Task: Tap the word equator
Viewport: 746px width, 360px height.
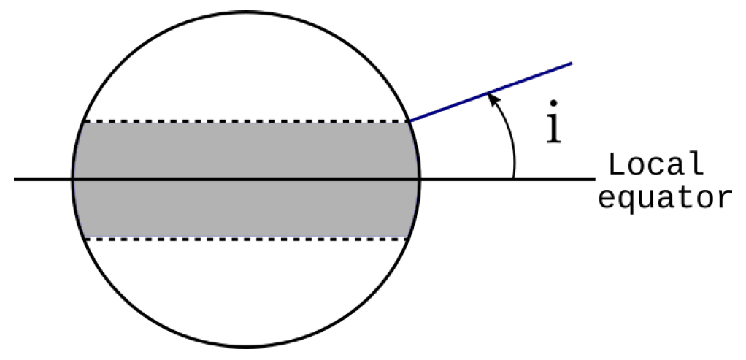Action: coord(664,198)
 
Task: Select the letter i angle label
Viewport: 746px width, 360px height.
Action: coord(555,126)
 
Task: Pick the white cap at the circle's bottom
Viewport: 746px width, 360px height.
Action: coord(246,292)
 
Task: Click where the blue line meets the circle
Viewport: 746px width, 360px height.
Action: coord(410,121)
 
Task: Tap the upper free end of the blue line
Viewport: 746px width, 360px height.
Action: coord(572,64)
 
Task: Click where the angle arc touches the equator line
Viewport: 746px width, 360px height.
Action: coord(514,178)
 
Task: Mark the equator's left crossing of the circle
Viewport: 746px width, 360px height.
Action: coord(73,179)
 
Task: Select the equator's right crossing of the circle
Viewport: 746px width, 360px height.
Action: coord(420,179)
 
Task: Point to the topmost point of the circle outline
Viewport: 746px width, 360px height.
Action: coord(247,11)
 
